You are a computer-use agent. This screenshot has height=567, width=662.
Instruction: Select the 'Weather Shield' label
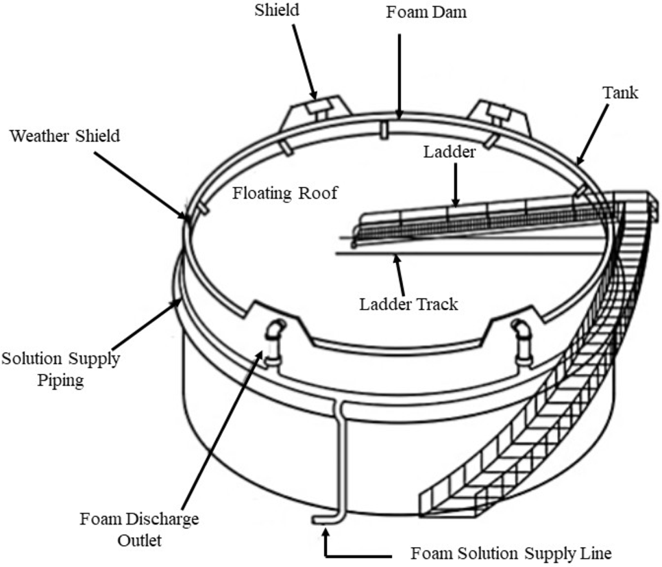point(64,136)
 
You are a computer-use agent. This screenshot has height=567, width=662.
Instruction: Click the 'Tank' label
point(620,92)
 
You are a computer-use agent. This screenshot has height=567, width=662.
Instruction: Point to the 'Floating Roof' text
point(284,193)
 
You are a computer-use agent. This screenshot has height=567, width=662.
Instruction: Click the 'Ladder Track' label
point(408,303)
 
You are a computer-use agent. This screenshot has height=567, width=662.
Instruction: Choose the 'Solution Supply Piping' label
point(60,369)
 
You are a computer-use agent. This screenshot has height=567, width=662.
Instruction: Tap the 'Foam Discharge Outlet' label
point(139,529)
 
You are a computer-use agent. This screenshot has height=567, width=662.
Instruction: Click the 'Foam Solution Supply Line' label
point(511,552)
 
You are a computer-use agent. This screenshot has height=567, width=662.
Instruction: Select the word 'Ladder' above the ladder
point(449,152)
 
